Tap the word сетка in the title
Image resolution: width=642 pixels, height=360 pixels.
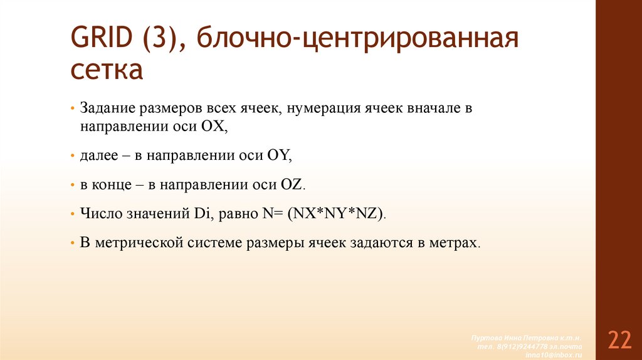pos(106,70)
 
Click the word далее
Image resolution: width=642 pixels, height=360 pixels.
pos(97,156)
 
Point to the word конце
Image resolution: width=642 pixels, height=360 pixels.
pos(112,185)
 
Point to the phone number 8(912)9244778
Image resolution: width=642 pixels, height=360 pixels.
pos(517,346)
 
